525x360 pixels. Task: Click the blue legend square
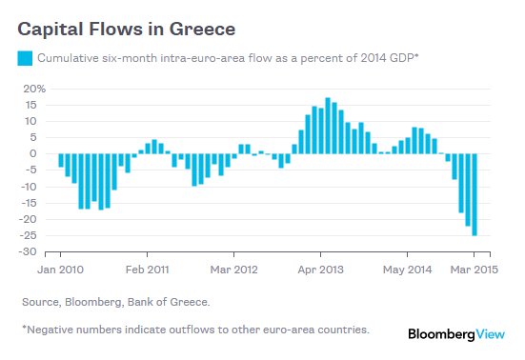[25, 58]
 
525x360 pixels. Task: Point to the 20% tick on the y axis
[34, 89]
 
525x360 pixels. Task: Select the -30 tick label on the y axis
[34, 252]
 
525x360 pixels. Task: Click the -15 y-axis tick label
[34, 187]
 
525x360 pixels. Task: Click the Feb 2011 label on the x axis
[148, 270]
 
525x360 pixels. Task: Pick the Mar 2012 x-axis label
[234, 270]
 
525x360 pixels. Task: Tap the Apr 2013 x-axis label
[321, 270]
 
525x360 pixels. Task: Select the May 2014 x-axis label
[407, 270]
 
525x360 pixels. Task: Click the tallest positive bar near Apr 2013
[328, 126]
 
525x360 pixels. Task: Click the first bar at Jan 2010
[61, 160]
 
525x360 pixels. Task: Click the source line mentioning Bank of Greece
[114, 302]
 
